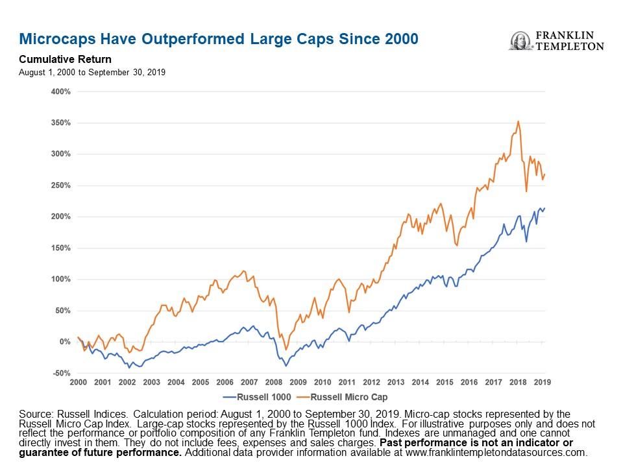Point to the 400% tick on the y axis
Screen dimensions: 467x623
coord(60,91)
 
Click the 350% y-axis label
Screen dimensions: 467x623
coord(60,123)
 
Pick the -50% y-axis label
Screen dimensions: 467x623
coord(60,373)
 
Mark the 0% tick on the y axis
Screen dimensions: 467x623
coord(64,342)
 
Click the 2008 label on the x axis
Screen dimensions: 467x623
coord(273,383)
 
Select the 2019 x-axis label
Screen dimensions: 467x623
coord(542,383)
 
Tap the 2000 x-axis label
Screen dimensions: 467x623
coord(78,383)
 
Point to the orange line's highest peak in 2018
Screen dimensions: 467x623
coord(517,121)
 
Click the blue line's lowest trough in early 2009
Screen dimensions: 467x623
coord(286,366)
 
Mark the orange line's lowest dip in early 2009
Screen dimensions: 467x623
coord(286,350)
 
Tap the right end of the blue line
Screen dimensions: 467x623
coord(544,208)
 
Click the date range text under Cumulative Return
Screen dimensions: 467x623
coord(92,72)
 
